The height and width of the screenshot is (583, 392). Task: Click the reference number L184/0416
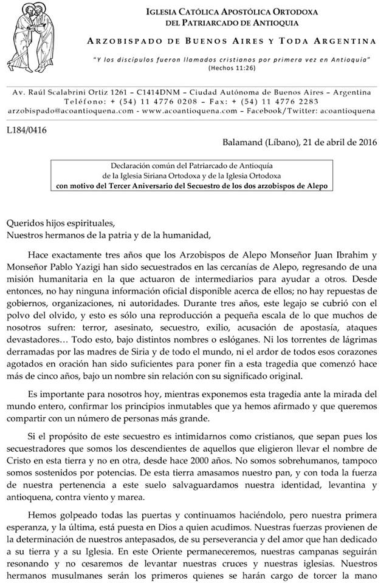click(x=27, y=129)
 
